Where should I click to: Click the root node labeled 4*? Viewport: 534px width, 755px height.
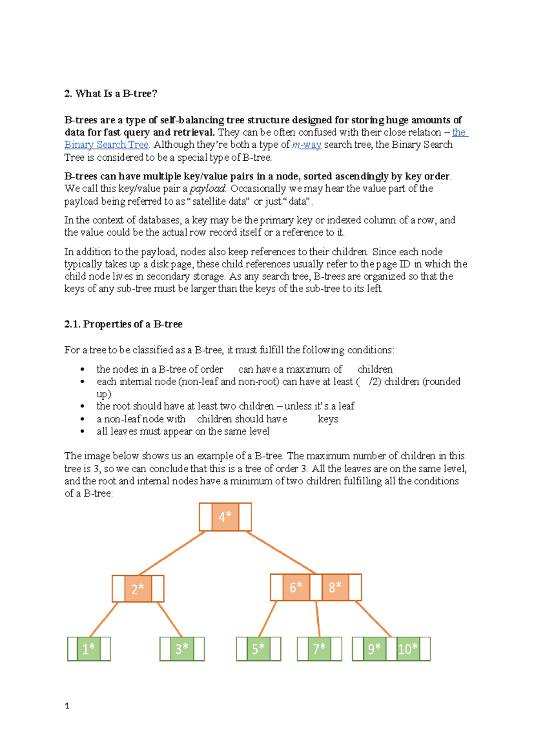225,517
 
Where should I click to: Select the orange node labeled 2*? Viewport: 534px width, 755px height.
138,589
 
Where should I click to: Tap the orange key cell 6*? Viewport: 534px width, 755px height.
296,587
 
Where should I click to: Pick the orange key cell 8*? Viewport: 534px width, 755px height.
335,587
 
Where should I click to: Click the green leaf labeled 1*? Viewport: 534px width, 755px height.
89,649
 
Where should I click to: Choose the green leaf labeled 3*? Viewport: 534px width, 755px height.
182,649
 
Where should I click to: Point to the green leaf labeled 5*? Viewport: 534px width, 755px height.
258,649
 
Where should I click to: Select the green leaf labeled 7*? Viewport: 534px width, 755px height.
319,649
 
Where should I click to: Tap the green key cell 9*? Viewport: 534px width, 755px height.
374,649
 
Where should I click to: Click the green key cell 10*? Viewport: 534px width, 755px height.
408,649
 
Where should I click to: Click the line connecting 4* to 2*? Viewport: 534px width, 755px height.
172,553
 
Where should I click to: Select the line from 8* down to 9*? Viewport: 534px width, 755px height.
373,619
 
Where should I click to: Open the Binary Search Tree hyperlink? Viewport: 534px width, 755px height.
106,145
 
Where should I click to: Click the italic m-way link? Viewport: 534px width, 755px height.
307,145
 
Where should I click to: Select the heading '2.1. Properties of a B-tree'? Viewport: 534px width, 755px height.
123,324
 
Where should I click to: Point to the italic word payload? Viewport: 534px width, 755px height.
208,188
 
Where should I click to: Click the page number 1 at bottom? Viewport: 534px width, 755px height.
67,706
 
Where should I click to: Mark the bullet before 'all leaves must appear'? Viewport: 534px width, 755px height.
82,431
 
